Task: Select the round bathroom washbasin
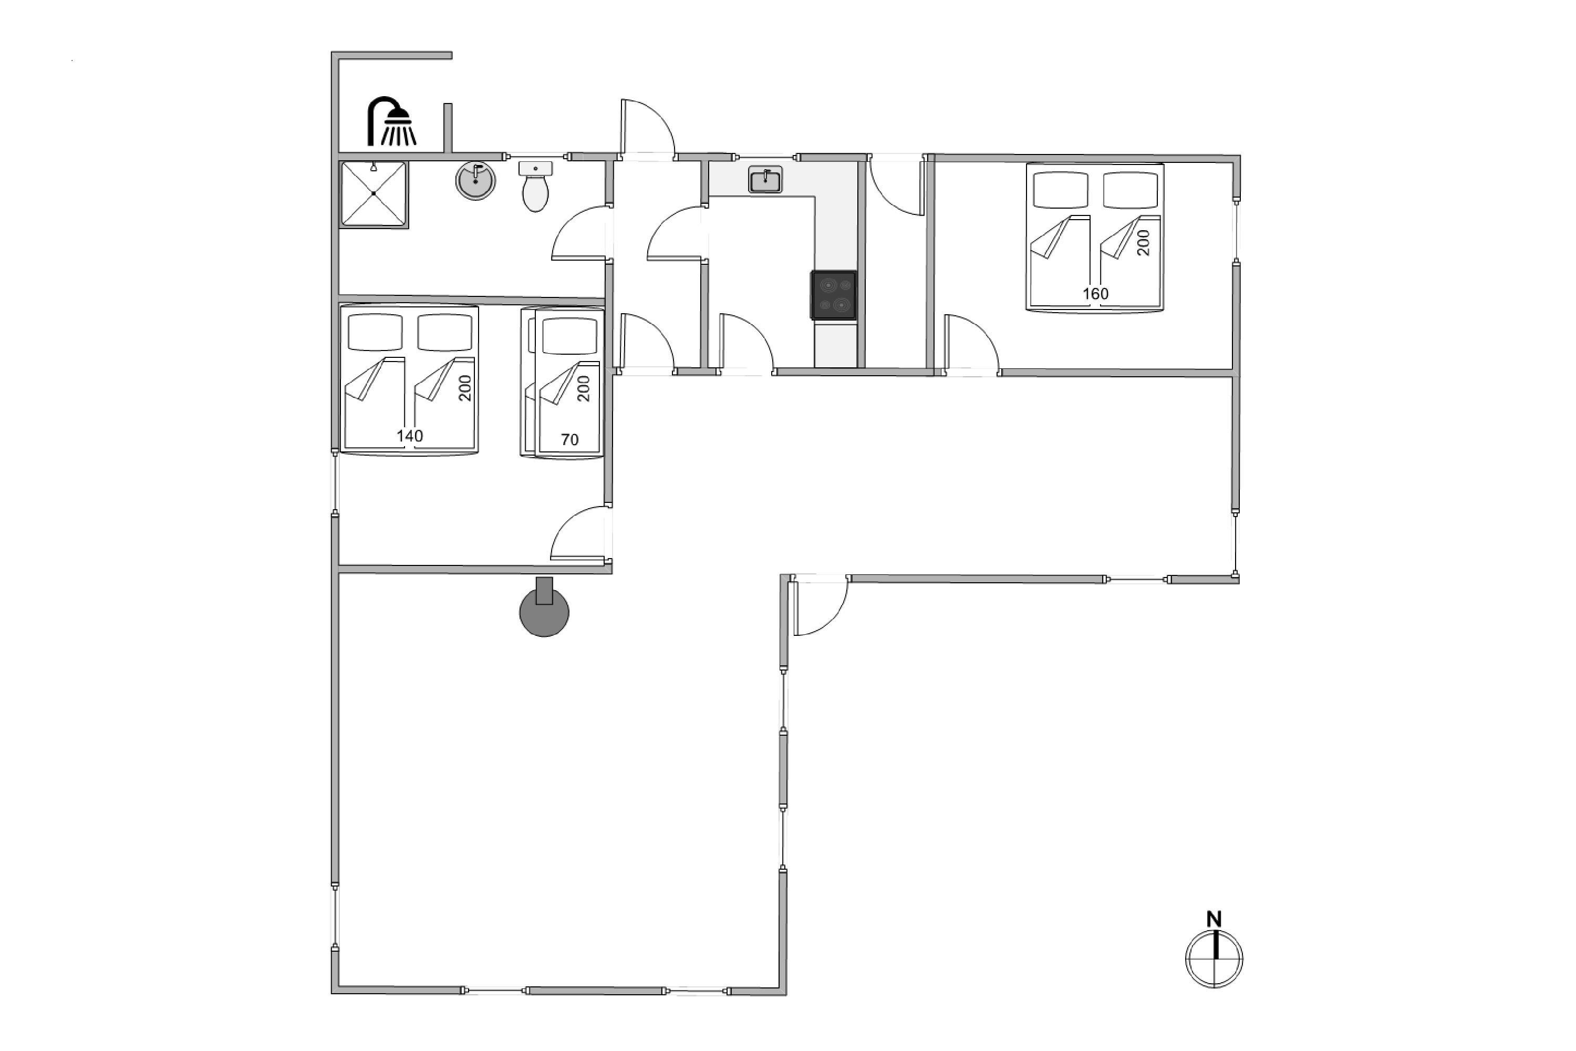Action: pyautogui.click(x=476, y=181)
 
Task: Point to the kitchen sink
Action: pyautogui.click(x=765, y=180)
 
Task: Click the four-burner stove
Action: pyautogui.click(x=833, y=295)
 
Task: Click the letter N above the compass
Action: pyautogui.click(x=1214, y=919)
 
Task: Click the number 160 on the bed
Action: pyautogui.click(x=1095, y=294)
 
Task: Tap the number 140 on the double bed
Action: pyautogui.click(x=409, y=436)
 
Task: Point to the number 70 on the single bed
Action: pyautogui.click(x=569, y=440)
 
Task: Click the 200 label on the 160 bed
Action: pyautogui.click(x=1143, y=243)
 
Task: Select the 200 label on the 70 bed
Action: pyautogui.click(x=583, y=389)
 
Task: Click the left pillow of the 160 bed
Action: pyautogui.click(x=1060, y=190)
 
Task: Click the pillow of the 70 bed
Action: pyautogui.click(x=569, y=336)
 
